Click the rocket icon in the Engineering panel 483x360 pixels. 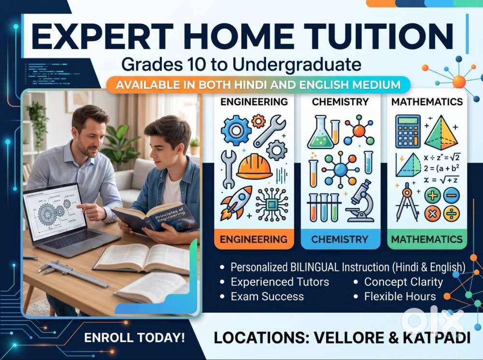236,203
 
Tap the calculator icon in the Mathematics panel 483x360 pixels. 408,131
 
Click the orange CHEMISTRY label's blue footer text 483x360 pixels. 340,239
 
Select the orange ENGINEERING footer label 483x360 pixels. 254,239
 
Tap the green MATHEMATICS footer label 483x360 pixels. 427,239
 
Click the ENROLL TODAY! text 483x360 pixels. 135,338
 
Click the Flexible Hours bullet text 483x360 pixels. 400,297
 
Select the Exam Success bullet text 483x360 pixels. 268,297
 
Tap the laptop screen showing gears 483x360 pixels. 55,212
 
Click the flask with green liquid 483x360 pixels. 321,132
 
